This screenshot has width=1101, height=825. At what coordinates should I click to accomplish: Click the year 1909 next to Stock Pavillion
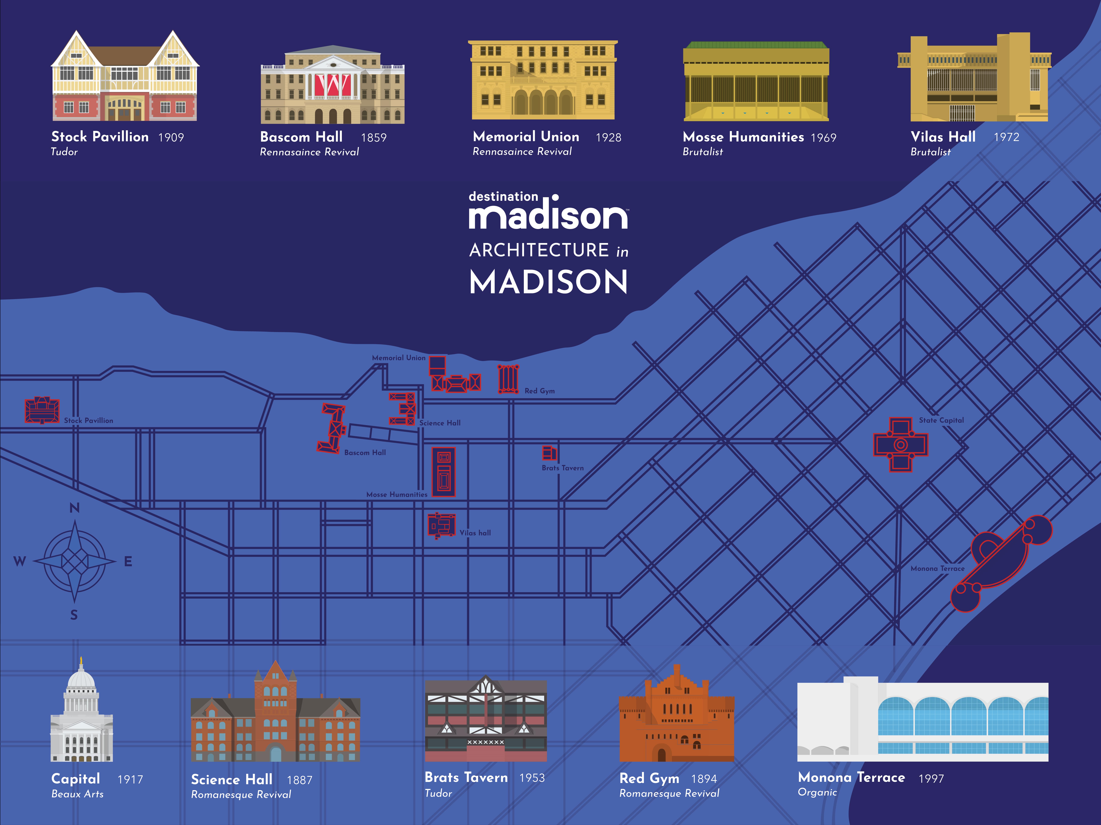pos(171,138)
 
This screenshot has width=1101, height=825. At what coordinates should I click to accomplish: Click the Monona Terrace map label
pos(937,568)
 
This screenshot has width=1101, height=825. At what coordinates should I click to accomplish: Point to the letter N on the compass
pos(74,508)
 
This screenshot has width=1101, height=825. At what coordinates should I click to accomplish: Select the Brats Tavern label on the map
pos(562,468)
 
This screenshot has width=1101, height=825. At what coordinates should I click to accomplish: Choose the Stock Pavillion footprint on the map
pos(42,410)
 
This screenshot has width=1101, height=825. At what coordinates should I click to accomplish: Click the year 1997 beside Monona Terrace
pos(931,779)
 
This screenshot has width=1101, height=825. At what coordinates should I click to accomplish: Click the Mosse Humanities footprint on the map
pos(443,471)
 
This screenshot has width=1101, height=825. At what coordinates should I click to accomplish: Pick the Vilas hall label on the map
pos(475,533)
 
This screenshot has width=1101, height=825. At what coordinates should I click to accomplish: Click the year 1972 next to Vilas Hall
pos(1006,137)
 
